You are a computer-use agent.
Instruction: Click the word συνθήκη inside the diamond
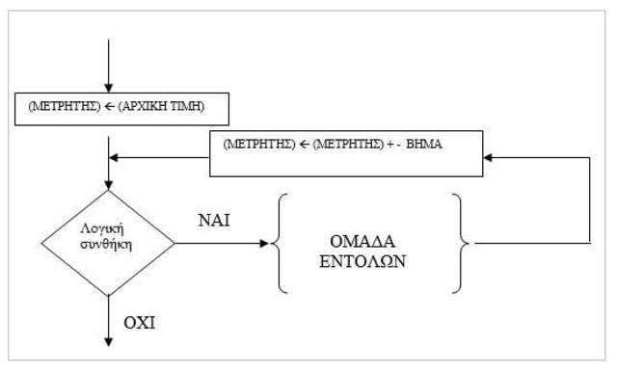[108, 244]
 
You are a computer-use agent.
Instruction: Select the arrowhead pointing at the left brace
[267, 242]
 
